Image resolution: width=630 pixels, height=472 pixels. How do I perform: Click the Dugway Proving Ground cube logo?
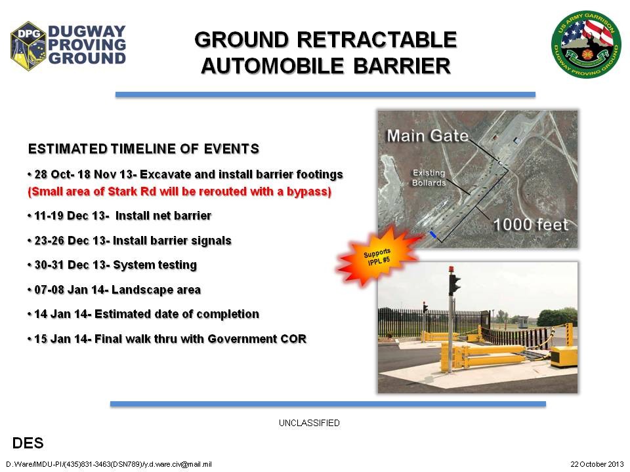point(28,46)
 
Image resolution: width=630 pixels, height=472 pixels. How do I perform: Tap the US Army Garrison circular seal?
point(586,45)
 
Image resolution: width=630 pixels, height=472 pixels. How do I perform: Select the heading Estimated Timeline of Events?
point(144,149)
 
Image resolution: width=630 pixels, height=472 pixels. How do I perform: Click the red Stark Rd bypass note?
point(179,191)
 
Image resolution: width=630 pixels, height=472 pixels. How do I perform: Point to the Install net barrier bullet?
point(119,216)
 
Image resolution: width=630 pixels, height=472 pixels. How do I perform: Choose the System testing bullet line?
point(112,265)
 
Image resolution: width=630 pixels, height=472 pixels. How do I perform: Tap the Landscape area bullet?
point(114,290)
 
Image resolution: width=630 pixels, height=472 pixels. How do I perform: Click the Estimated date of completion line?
point(144,314)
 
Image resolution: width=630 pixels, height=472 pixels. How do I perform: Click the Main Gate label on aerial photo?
point(427,136)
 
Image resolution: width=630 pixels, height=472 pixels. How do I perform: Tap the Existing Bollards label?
point(429,178)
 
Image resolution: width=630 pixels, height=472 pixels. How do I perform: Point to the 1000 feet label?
point(530,225)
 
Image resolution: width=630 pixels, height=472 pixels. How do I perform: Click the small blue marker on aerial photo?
point(432,235)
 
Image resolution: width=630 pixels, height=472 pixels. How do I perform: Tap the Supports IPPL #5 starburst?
point(377,256)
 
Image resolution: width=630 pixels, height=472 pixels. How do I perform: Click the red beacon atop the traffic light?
point(452,269)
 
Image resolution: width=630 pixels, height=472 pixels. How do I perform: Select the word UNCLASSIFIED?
point(309,423)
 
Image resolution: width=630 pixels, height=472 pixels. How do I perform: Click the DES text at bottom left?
point(28,444)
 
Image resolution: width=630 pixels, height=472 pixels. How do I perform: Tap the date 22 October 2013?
point(597,464)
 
